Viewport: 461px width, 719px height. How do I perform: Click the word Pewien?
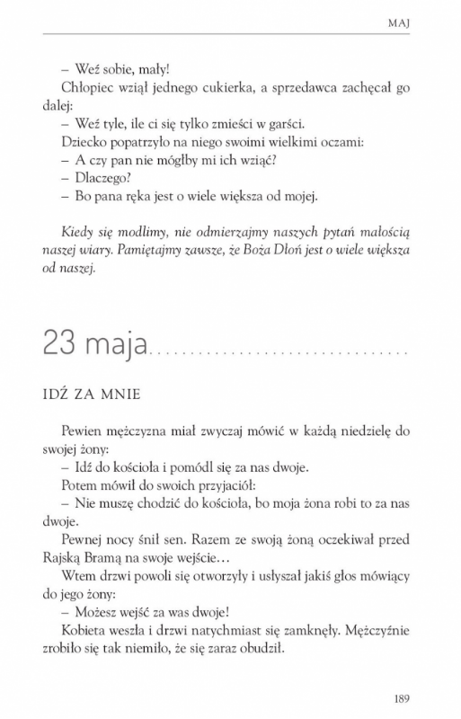tap(87, 431)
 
